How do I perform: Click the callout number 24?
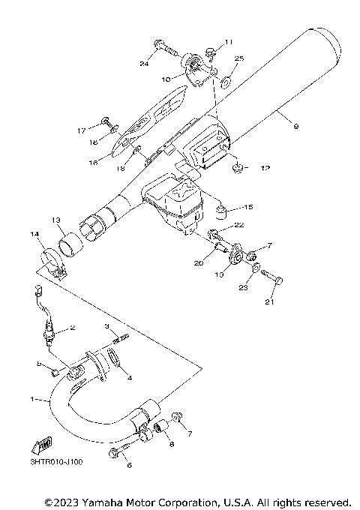(145, 63)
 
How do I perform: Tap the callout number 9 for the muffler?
(295, 126)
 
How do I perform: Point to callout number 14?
(33, 235)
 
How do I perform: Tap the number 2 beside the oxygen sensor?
(73, 327)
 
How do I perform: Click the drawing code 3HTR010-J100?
(57, 461)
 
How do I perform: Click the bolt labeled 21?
(277, 281)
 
